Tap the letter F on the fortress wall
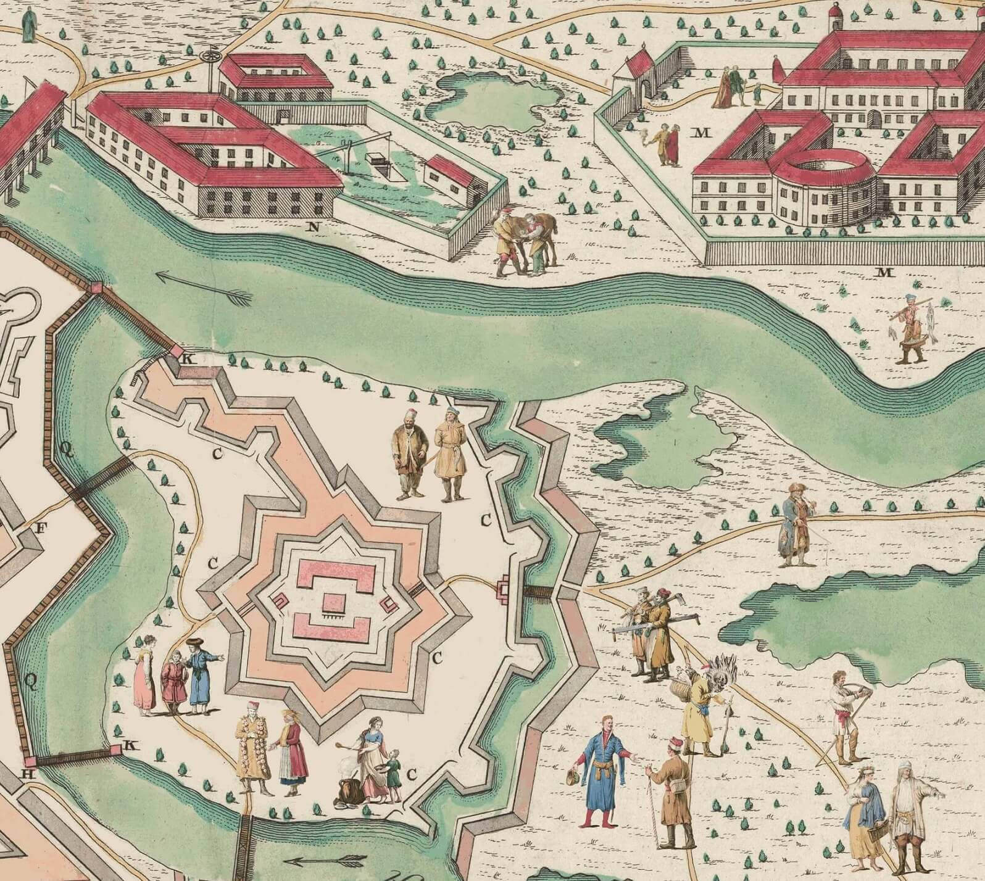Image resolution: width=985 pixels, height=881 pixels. [42, 528]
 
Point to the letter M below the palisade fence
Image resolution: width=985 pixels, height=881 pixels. [886, 272]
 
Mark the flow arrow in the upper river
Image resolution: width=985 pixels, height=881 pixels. [204, 290]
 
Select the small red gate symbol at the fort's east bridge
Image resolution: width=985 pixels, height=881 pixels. [504, 589]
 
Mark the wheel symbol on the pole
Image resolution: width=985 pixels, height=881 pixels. [210, 56]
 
